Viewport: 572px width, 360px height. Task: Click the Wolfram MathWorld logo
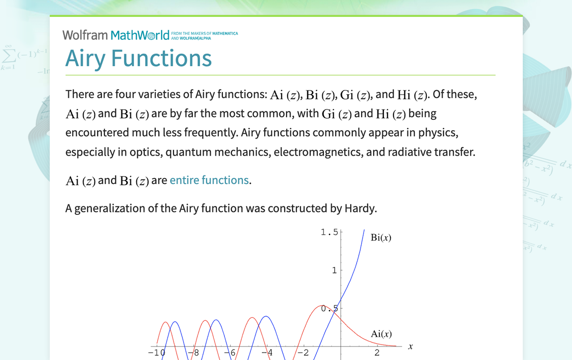[116, 35]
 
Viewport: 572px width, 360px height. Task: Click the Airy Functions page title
[139, 58]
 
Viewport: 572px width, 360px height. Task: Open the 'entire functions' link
[209, 180]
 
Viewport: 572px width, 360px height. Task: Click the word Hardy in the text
[360, 208]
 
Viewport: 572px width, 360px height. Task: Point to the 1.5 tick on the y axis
[329, 232]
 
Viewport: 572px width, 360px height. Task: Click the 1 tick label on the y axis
[334, 270]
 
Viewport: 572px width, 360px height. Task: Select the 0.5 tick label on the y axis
[329, 308]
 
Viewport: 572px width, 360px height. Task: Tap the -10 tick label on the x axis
[157, 353]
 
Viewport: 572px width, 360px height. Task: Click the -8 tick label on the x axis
[193, 353]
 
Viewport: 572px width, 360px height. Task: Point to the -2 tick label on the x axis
[302, 353]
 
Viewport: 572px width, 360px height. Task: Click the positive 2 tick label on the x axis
[377, 353]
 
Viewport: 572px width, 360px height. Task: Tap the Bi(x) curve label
[381, 238]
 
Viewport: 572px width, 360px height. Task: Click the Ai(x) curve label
[381, 334]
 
